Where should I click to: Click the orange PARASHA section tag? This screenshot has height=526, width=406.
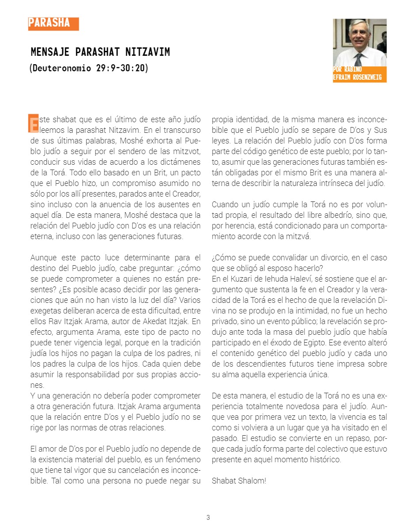pyautogui.click(x=53, y=23)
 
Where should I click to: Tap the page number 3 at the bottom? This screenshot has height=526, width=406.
pyautogui.click(x=208, y=518)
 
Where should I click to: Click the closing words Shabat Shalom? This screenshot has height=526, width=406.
pyautogui.click(x=239, y=480)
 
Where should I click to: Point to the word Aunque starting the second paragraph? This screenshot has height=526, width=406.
pyautogui.click(x=44, y=258)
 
